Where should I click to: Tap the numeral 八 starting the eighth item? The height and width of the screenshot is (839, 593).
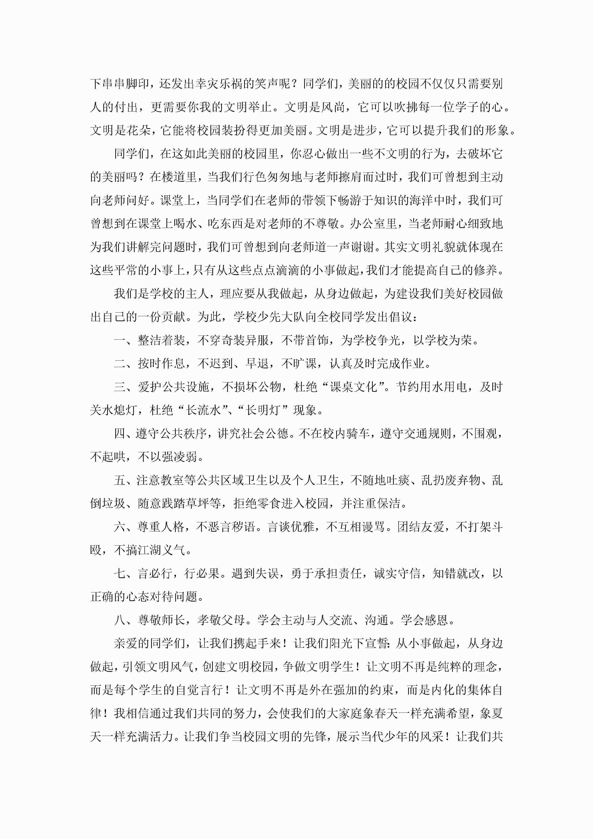coord(120,620)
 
